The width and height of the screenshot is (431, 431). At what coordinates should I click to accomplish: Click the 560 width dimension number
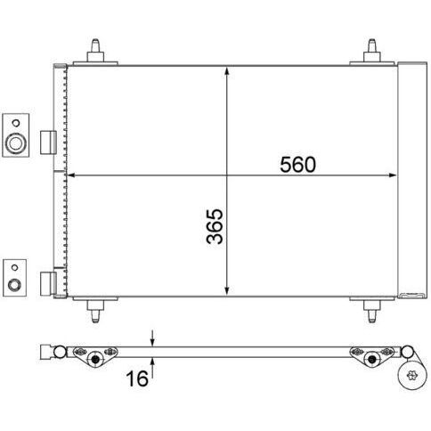pos(297,165)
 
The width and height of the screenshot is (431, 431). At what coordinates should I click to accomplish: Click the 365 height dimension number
pos(215,226)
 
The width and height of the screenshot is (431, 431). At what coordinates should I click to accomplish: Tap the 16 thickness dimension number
pos(137,378)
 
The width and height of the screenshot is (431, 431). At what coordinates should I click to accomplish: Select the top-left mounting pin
pos(95,51)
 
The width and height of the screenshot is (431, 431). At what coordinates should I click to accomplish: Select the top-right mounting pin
pos(372,51)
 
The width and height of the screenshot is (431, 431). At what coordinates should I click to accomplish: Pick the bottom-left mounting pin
pos(95,312)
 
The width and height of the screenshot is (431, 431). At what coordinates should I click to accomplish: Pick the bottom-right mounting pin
pos(372,312)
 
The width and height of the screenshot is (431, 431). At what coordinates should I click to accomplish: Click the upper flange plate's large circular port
pos(16,143)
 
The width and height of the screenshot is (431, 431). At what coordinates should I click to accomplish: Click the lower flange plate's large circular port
pos(14,285)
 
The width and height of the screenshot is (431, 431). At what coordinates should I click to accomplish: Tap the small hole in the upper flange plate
pos(16,123)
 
